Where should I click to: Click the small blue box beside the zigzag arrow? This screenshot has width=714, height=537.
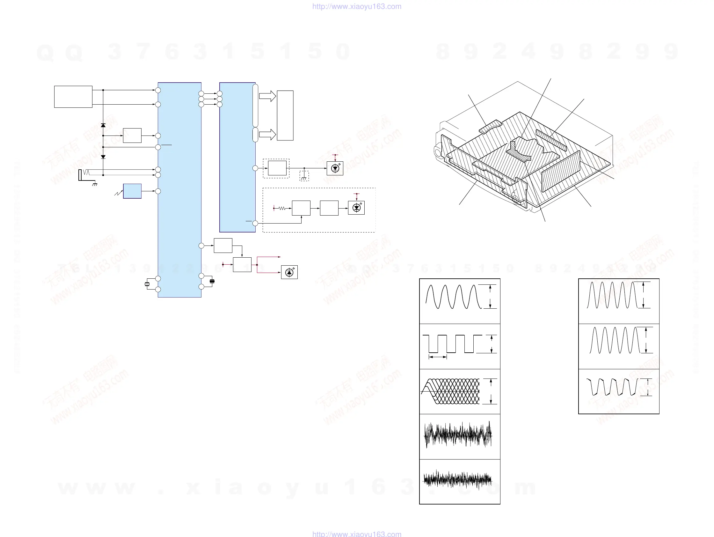click(x=132, y=191)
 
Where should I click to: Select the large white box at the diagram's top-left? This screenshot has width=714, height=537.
click(x=73, y=97)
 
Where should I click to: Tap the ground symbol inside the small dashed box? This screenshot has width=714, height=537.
click(x=304, y=177)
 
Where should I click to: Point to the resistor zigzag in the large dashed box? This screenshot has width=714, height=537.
click(x=282, y=209)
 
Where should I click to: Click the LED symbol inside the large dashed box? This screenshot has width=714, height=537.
click(x=356, y=208)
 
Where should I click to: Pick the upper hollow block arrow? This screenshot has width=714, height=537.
click(x=267, y=96)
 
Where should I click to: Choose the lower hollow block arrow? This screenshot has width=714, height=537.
click(x=267, y=134)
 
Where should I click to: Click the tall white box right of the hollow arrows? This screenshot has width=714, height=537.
click(x=285, y=115)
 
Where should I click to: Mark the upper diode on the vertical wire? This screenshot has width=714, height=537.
click(x=103, y=125)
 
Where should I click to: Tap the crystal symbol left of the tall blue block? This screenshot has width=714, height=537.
click(x=147, y=284)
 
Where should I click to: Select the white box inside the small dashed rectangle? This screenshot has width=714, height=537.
click(x=277, y=168)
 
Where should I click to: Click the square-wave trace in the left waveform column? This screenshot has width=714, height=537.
click(x=452, y=344)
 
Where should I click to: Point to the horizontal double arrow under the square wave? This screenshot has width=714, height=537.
click(x=438, y=357)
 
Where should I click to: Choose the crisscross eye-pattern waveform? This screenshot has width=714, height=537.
click(x=451, y=391)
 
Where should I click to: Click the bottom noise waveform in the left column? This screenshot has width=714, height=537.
click(x=457, y=480)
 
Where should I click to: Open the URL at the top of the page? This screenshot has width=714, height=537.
click(x=357, y=6)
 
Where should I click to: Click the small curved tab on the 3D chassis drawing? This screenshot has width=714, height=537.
click(x=490, y=127)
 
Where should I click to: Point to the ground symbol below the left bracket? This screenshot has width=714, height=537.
click(x=95, y=185)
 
